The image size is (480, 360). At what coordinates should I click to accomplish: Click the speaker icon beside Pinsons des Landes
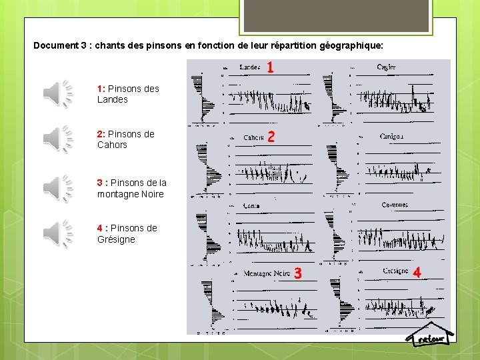coord(58,93)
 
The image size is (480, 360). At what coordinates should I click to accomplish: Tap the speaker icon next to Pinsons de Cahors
coord(58,139)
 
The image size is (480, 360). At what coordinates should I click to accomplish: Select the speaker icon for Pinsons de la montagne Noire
coord(58,188)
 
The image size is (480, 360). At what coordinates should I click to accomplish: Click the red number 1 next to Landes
coord(270,67)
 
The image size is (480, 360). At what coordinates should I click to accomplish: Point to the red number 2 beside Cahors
coord(271,137)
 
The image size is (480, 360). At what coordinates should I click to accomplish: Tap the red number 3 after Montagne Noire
coord(297,273)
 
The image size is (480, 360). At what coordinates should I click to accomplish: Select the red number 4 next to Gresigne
coord(417,272)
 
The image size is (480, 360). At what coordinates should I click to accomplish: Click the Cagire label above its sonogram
coord(386,67)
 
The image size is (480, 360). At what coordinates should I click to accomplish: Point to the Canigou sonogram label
coord(392,137)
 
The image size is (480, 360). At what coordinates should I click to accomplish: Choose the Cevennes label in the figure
coord(394,205)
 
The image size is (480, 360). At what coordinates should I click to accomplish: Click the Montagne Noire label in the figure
coord(266,273)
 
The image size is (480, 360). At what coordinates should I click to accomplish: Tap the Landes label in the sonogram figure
coord(249,67)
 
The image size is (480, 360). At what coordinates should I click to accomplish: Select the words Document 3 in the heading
coord(61,46)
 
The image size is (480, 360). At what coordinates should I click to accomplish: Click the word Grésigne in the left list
coord(116,239)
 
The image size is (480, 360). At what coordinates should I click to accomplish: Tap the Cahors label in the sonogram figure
coord(253,138)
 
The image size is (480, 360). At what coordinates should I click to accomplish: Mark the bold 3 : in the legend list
coord(102,183)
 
